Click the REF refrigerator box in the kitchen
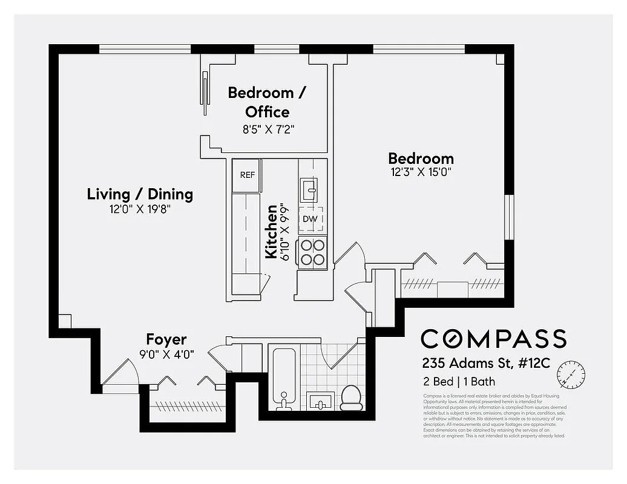click(x=247, y=175)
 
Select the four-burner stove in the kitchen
click(x=312, y=252)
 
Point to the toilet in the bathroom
click(x=351, y=397)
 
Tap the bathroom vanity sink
click(x=321, y=401)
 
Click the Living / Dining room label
click(x=140, y=194)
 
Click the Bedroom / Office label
click(x=267, y=102)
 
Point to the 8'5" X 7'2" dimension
click(x=267, y=128)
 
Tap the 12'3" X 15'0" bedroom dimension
click(x=421, y=172)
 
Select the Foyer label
click(x=166, y=339)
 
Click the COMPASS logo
click(x=493, y=339)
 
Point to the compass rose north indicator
click(x=572, y=373)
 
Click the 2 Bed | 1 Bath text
click(x=459, y=382)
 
